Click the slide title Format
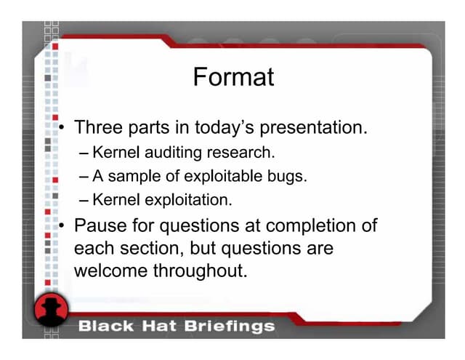233,76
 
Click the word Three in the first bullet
99,129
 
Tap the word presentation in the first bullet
317,129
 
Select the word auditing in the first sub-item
161,153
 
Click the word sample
134,177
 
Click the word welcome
110,271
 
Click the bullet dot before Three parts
63,130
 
